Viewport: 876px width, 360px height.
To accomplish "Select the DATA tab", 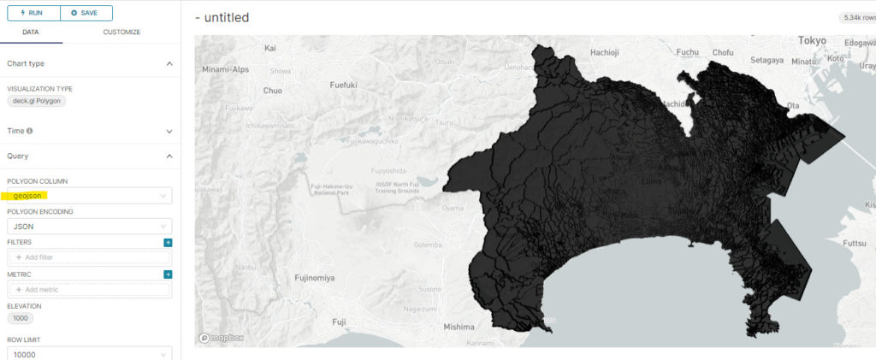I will coord(30,32).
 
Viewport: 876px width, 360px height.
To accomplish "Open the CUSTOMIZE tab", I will coord(121,32).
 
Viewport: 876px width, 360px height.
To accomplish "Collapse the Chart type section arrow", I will coord(169,64).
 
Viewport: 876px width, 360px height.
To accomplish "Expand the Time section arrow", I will coord(169,131).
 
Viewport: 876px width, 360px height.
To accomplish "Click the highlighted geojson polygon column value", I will coord(30,196).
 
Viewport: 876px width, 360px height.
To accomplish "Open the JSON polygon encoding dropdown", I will coord(89,227).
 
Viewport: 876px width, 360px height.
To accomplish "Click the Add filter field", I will coord(89,257).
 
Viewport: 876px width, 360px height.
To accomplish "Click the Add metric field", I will coord(89,290).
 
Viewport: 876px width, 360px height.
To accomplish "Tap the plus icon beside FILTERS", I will coord(168,243).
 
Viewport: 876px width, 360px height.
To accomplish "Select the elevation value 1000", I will coord(20,318).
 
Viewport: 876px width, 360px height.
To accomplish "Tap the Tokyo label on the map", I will coord(812,41).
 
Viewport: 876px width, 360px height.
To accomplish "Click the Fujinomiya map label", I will coord(314,278).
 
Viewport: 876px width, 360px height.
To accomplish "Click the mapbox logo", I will coord(222,338).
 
